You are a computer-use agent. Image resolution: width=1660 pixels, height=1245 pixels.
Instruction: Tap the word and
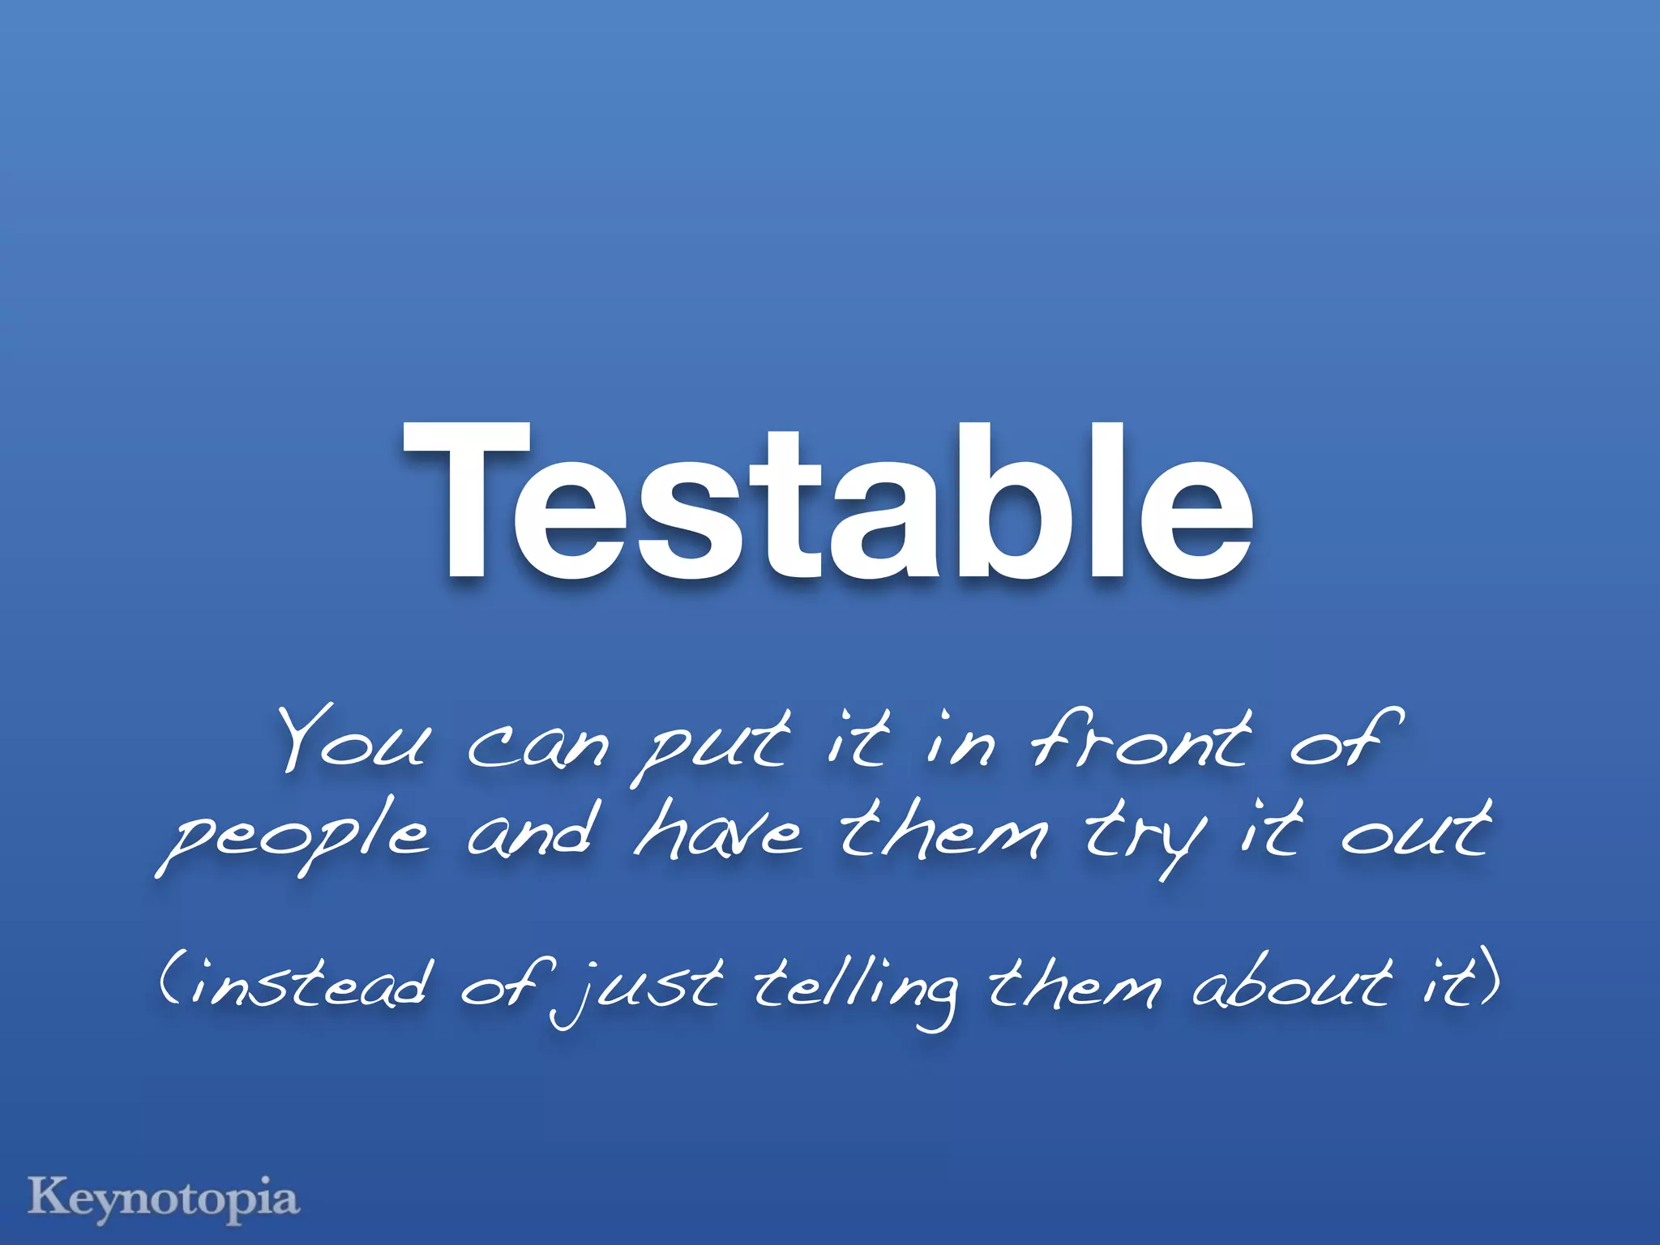(533, 831)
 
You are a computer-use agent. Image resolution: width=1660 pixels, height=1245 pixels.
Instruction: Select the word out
(1414, 831)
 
